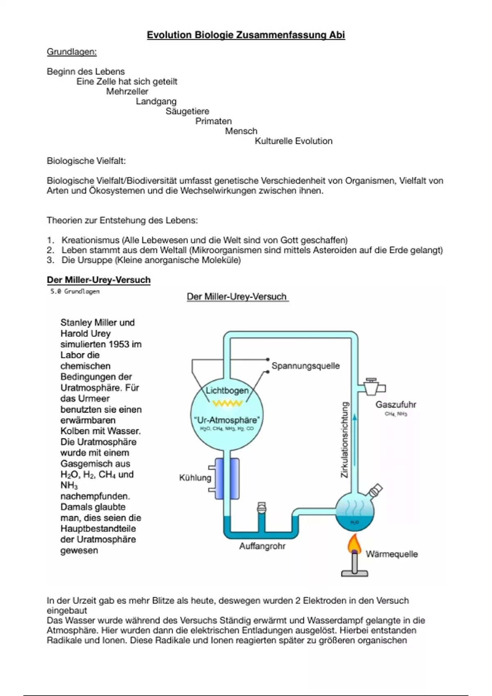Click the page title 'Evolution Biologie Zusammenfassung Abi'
click(x=246, y=35)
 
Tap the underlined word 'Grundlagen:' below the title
click(x=72, y=52)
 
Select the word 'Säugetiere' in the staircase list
click(x=187, y=111)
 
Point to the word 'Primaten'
click(x=213, y=121)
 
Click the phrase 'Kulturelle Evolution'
click(x=294, y=141)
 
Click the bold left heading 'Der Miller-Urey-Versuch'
click(x=98, y=280)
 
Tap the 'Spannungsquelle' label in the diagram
click(x=305, y=366)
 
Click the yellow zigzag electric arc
click(x=227, y=404)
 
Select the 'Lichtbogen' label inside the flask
click(x=227, y=391)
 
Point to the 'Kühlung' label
click(x=195, y=478)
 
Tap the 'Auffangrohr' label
click(x=262, y=546)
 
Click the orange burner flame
click(x=354, y=545)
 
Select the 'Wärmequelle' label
click(x=392, y=554)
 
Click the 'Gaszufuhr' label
click(x=396, y=405)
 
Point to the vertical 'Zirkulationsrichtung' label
click(x=345, y=440)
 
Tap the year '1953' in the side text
click(x=119, y=344)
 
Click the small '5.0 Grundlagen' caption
click(x=75, y=292)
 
